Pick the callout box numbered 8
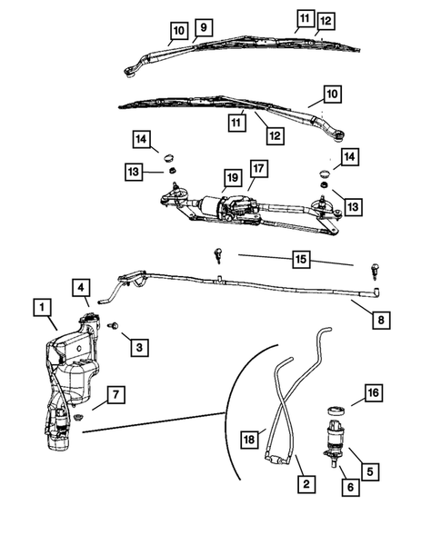[379, 319]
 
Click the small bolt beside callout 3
[114, 325]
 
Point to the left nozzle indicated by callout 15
[219, 255]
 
